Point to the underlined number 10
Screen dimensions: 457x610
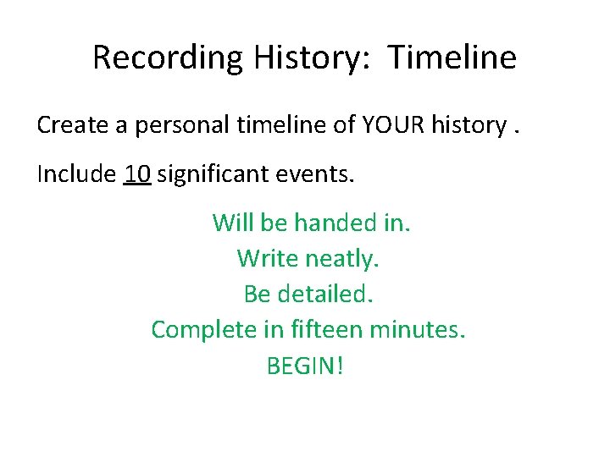[137, 175]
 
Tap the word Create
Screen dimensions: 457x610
[72, 125]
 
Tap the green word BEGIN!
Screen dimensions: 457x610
[306, 366]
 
